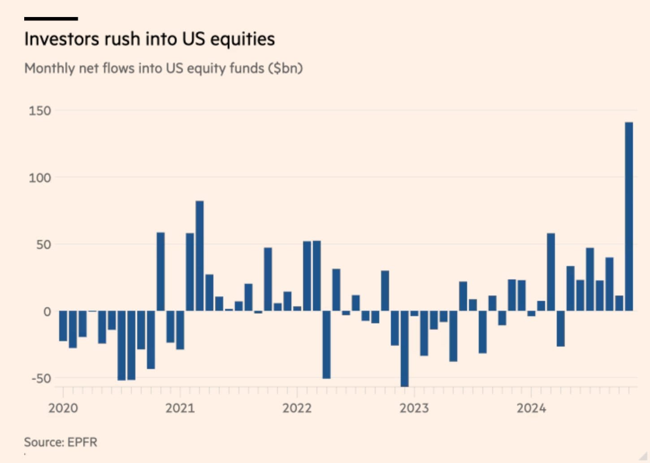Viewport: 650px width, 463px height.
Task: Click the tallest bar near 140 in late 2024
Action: point(628,216)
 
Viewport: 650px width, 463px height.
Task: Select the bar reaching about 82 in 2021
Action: point(199,256)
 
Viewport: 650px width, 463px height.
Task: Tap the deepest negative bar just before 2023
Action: point(404,348)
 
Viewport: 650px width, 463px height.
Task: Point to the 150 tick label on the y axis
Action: point(40,111)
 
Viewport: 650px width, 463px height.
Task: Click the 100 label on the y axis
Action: point(40,178)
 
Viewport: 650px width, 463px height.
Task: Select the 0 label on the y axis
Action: point(47,312)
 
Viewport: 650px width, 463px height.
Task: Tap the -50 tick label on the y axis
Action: point(41,378)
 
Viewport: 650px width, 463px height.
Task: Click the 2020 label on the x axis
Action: point(63,408)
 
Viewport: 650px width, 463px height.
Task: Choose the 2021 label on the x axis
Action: point(180,408)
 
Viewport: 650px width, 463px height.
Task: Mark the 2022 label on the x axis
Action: point(297,408)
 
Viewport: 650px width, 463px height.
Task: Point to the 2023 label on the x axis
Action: point(414,408)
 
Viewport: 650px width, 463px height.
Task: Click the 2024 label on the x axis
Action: point(531,408)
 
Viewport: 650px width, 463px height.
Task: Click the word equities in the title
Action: point(243,39)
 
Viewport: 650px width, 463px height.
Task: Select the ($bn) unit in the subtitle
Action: point(286,68)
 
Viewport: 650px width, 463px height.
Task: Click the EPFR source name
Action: point(82,442)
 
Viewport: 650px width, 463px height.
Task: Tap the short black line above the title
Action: point(51,19)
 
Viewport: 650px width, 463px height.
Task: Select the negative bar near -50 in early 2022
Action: point(326,345)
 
